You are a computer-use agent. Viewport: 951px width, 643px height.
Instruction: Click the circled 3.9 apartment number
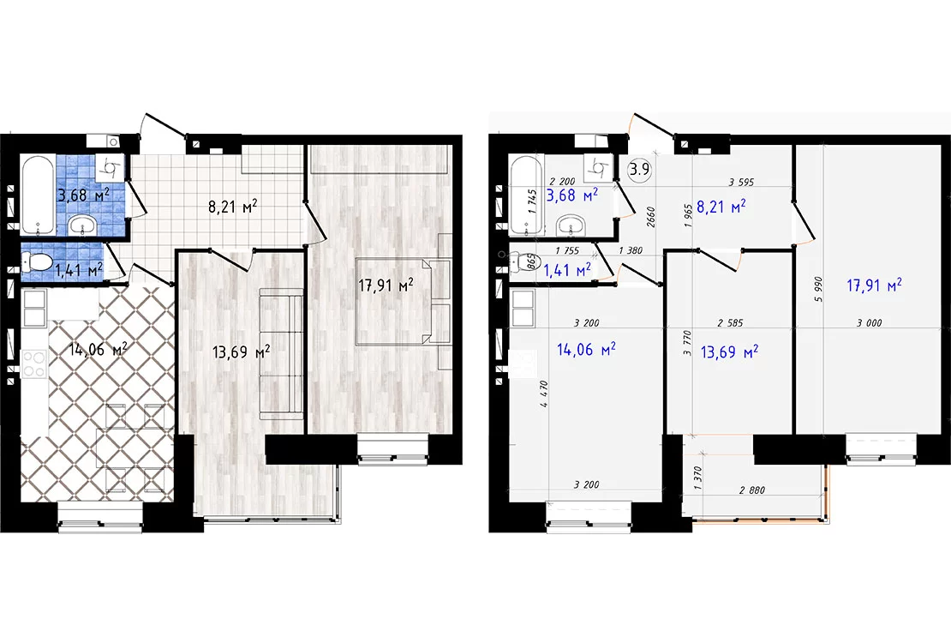tap(639, 170)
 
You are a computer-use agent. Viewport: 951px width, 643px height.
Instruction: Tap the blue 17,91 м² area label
tap(873, 285)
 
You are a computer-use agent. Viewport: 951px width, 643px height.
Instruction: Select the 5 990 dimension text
tap(818, 290)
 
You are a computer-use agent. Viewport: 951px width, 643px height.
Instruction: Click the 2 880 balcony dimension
tap(752, 490)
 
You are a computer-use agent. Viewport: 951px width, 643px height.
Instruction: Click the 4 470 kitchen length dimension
tap(543, 394)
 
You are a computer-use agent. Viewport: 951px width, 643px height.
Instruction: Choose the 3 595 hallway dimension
tap(740, 182)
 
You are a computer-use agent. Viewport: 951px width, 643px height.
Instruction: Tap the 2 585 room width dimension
tap(730, 323)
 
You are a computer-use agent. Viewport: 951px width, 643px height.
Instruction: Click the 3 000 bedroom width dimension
tap(869, 323)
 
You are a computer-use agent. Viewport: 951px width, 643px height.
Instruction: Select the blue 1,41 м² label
tap(566, 270)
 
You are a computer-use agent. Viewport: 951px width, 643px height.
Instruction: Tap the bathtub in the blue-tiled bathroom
tap(39, 195)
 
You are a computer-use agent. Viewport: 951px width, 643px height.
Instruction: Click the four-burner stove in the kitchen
tap(34, 364)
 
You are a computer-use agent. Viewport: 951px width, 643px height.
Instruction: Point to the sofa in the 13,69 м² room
tap(281, 354)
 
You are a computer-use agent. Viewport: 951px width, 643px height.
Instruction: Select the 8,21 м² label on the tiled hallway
tap(232, 207)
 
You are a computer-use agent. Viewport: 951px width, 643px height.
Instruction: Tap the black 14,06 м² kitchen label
tap(98, 350)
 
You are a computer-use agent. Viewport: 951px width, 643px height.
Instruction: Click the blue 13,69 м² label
tap(729, 352)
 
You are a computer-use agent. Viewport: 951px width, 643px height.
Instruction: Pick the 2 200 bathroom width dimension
tap(562, 182)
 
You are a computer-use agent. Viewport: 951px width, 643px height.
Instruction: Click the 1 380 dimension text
tap(631, 250)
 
